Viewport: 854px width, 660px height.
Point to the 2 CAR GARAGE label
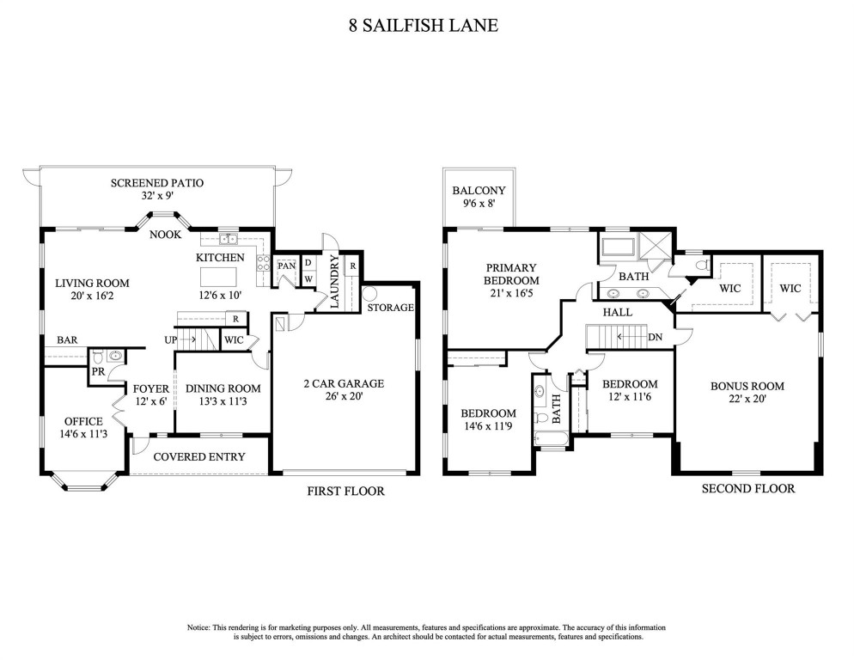[x=343, y=383]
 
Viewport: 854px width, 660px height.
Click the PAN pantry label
[x=286, y=266]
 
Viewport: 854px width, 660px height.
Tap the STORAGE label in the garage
[x=390, y=308]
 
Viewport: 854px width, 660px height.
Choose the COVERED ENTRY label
[x=198, y=456]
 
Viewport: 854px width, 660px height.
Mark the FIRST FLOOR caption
[x=345, y=492]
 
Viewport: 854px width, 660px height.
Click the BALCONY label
[x=479, y=191]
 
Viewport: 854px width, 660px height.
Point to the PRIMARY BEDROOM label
[x=510, y=274]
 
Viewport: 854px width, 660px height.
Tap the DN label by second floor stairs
[x=656, y=337]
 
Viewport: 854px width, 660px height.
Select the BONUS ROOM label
[x=747, y=386]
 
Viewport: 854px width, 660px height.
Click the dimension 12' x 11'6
[x=629, y=399]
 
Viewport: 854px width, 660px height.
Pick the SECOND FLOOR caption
[x=747, y=488]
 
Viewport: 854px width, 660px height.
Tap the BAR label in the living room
[x=68, y=340]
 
